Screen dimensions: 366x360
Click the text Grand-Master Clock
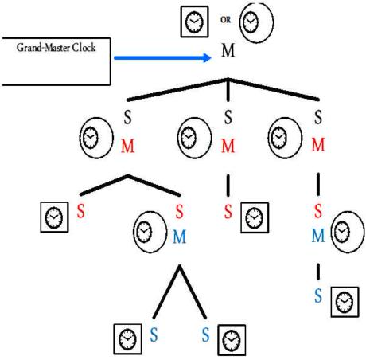coord(56,48)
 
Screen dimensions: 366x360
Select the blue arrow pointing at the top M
coord(162,57)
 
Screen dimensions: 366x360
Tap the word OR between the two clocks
coord(225,20)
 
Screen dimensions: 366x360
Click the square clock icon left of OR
coord(194,22)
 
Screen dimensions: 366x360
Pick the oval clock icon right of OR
coord(256,22)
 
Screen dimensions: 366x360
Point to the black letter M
coord(228,50)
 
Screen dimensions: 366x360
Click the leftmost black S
coord(127,117)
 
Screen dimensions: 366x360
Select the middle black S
coord(228,117)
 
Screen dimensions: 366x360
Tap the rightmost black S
coord(318,117)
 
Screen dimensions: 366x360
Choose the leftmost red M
coord(127,146)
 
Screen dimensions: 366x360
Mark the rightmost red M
coord(318,145)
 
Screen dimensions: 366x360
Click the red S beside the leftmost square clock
coord(81,211)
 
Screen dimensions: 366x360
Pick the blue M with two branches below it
coord(179,237)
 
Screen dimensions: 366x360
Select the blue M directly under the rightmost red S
coord(318,236)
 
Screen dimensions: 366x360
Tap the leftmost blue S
coord(154,335)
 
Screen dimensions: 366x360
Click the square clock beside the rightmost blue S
coord(345,302)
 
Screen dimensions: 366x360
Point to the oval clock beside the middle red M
coord(194,138)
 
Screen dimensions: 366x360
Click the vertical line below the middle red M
coord(228,186)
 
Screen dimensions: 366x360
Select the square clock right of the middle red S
coord(255,217)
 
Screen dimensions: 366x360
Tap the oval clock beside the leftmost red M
coord(96,138)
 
